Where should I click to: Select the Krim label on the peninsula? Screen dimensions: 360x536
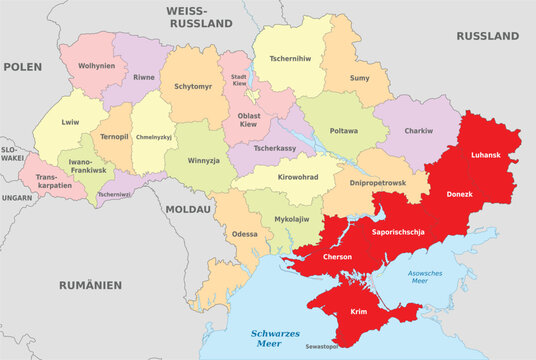[x=358, y=312]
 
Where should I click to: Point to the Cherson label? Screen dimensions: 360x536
[x=336, y=257]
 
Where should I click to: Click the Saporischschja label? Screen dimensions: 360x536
[x=398, y=232]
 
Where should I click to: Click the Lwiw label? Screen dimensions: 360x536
[x=69, y=122]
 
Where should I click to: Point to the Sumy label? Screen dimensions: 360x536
[x=359, y=77]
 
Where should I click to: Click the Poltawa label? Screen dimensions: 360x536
[x=343, y=129]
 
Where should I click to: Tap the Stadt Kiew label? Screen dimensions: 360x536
[x=239, y=79]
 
